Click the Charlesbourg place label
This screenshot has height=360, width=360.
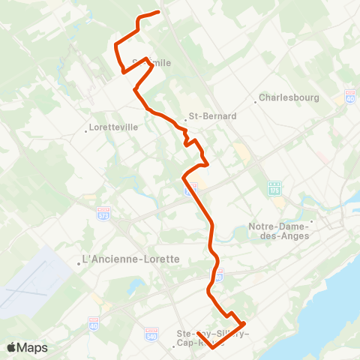289,97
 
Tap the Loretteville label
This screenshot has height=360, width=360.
114,127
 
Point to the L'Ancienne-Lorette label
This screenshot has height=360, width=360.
132,259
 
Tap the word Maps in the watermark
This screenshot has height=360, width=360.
33,347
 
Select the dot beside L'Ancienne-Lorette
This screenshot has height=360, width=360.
79,263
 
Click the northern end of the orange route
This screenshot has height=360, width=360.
159,11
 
